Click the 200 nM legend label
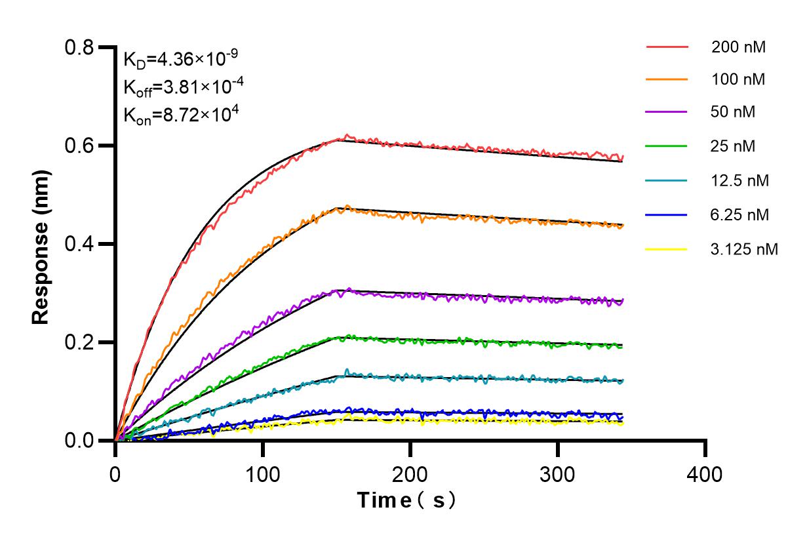click(739, 47)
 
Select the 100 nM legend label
click(739, 80)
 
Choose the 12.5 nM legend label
click(740, 180)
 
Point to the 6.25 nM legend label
click(740, 214)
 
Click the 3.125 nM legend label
click(744, 249)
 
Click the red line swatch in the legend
click(667, 47)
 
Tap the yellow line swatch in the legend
click(667, 249)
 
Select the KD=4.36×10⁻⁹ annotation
click(180, 60)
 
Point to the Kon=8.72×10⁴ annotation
click(180, 115)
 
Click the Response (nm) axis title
click(41, 244)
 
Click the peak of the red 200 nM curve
click(347, 135)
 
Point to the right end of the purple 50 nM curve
click(622, 300)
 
